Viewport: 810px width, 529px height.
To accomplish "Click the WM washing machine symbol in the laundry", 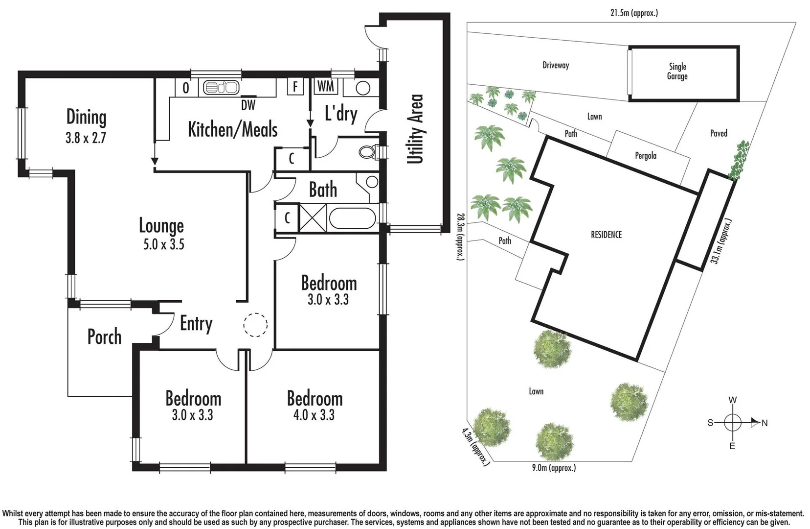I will coord(325,87).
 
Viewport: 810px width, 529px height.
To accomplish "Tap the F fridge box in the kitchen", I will coord(295,87).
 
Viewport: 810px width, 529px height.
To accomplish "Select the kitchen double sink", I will coord(221,88).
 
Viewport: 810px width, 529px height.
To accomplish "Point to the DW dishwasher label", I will coord(248,105).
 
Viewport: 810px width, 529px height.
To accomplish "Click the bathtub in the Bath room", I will coord(352,218).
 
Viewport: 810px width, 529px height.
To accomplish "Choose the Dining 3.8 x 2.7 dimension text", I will coord(86,138).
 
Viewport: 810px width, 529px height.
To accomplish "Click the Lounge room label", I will coord(161,226).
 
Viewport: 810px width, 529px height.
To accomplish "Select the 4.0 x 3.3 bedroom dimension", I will coord(314,415).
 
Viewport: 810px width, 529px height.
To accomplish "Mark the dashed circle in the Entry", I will coord(255,324).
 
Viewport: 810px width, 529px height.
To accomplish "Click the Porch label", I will coord(104,337).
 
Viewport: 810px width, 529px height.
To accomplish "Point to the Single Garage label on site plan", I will coord(677,72).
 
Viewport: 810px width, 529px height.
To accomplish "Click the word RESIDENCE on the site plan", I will coord(606,235).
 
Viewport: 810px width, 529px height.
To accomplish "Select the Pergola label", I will coord(646,156).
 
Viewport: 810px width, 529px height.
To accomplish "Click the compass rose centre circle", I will coord(732,422).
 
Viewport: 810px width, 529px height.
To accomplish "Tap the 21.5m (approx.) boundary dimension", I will coord(634,13).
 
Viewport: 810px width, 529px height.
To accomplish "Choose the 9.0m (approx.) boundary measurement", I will coord(554,468).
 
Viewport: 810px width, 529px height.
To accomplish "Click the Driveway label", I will coord(556,65).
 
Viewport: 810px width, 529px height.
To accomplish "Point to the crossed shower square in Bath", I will coord(313,218).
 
